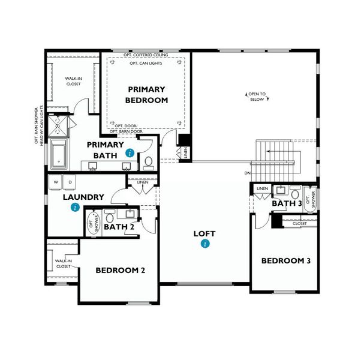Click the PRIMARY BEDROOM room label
147,95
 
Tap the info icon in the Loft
205,244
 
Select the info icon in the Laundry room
75,207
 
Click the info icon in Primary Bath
130,154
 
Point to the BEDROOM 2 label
121,270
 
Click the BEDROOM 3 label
285,260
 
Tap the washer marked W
56,181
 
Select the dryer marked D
69,181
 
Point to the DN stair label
248,173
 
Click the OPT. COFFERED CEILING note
146,55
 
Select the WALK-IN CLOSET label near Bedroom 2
64,263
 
